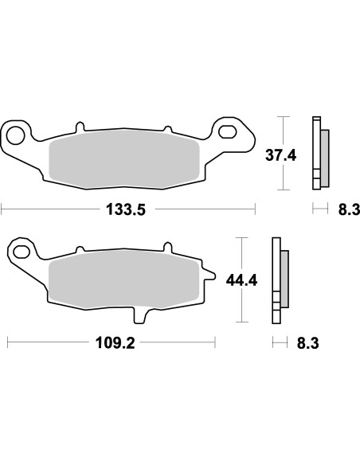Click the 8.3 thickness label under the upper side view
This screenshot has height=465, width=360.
click(x=349, y=209)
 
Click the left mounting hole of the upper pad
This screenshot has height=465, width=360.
click(x=15, y=132)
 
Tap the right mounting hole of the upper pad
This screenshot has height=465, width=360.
click(x=228, y=131)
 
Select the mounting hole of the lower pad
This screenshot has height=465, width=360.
click(x=21, y=253)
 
